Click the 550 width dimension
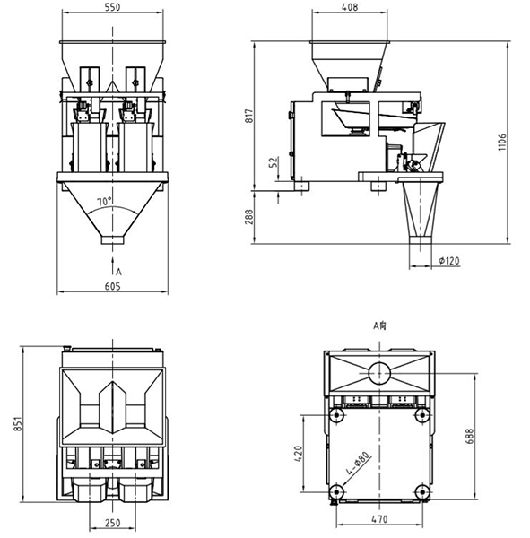(x=113, y=7)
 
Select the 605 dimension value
(x=113, y=286)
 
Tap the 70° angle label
(x=104, y=202)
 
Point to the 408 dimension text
(x=350, y=7)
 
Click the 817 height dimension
(x=249, y=116)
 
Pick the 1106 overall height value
(x=502, y=142)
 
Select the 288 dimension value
(x=249, y=217)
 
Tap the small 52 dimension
(x=274, y=162)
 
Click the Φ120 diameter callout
(x=449, y=261)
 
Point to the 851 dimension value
(x=18, y=424)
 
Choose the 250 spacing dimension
(x=113, y=523)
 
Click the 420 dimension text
(x=299, y=454)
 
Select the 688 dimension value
(x=470, y=436)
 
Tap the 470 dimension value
(x=379, y=519)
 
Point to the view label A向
(x=379, y=325)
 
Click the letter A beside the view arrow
(x=118, y=272)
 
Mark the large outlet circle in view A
(x=379, y=373)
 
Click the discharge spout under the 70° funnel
(x=112, y=239)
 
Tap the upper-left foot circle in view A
(x=336, y=415)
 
